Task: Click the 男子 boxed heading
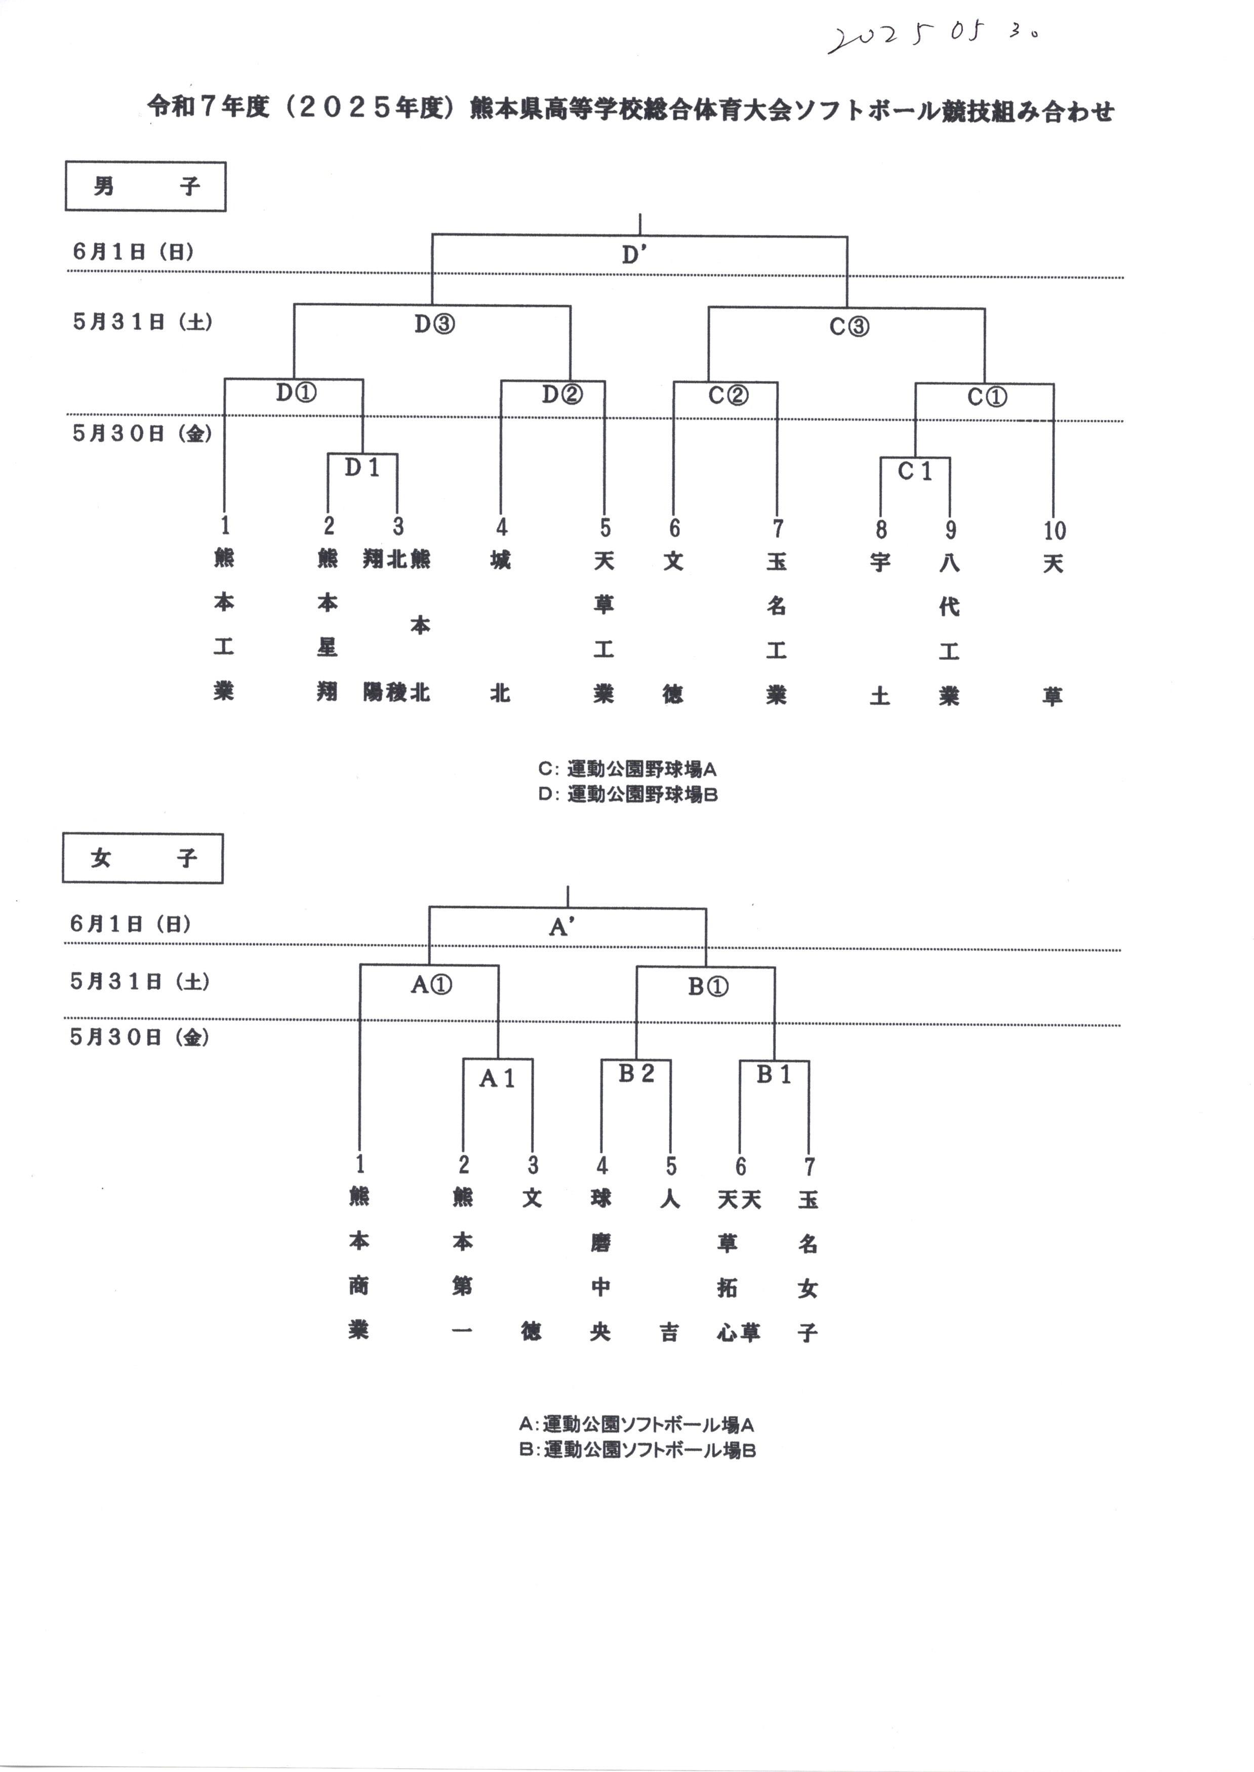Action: tap(145, 186)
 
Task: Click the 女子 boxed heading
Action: tap(143, 858)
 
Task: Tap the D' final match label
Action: tap(634, 255)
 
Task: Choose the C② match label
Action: tap(728, 395)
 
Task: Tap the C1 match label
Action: tap(915, 470)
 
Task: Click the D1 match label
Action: tap(362, 467)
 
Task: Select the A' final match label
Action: tap(561, 927)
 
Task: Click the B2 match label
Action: tap(636, 1072)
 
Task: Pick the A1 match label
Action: tap(497, 1078)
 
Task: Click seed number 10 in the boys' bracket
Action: tap(1054, 531)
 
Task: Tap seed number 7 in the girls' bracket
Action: tap(809, 1166)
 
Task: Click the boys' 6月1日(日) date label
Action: tap(133, 251)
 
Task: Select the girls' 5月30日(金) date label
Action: tap(139, 1037)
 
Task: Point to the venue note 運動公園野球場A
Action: tap(628, 769)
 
